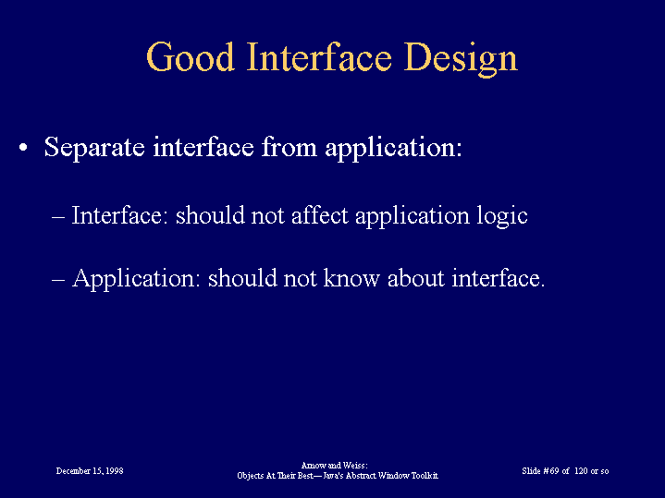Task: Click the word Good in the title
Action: (x=191, y=56)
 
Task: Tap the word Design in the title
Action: (x=461, y=59)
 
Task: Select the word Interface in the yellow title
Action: (x=319, y=56)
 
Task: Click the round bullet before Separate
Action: (x=23, y=148)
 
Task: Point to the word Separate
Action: (x=94, y=148)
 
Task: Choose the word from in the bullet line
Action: (x=289, y=147)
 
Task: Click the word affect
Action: (x=320, y=215)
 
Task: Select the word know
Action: (x=351, y=278)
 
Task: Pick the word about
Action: (x=416, y=278)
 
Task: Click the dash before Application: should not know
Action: (x=58, y=280)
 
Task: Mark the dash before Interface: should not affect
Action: (x=58, y=216)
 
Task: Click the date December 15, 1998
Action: (x=90, y=471)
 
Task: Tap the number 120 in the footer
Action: (x=581, y=471)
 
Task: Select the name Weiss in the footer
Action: (x=356, y=466)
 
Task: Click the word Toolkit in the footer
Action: (x=425, y=476)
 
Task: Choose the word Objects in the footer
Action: (x=251, y=476)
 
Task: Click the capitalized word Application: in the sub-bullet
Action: (x=136, y=280)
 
